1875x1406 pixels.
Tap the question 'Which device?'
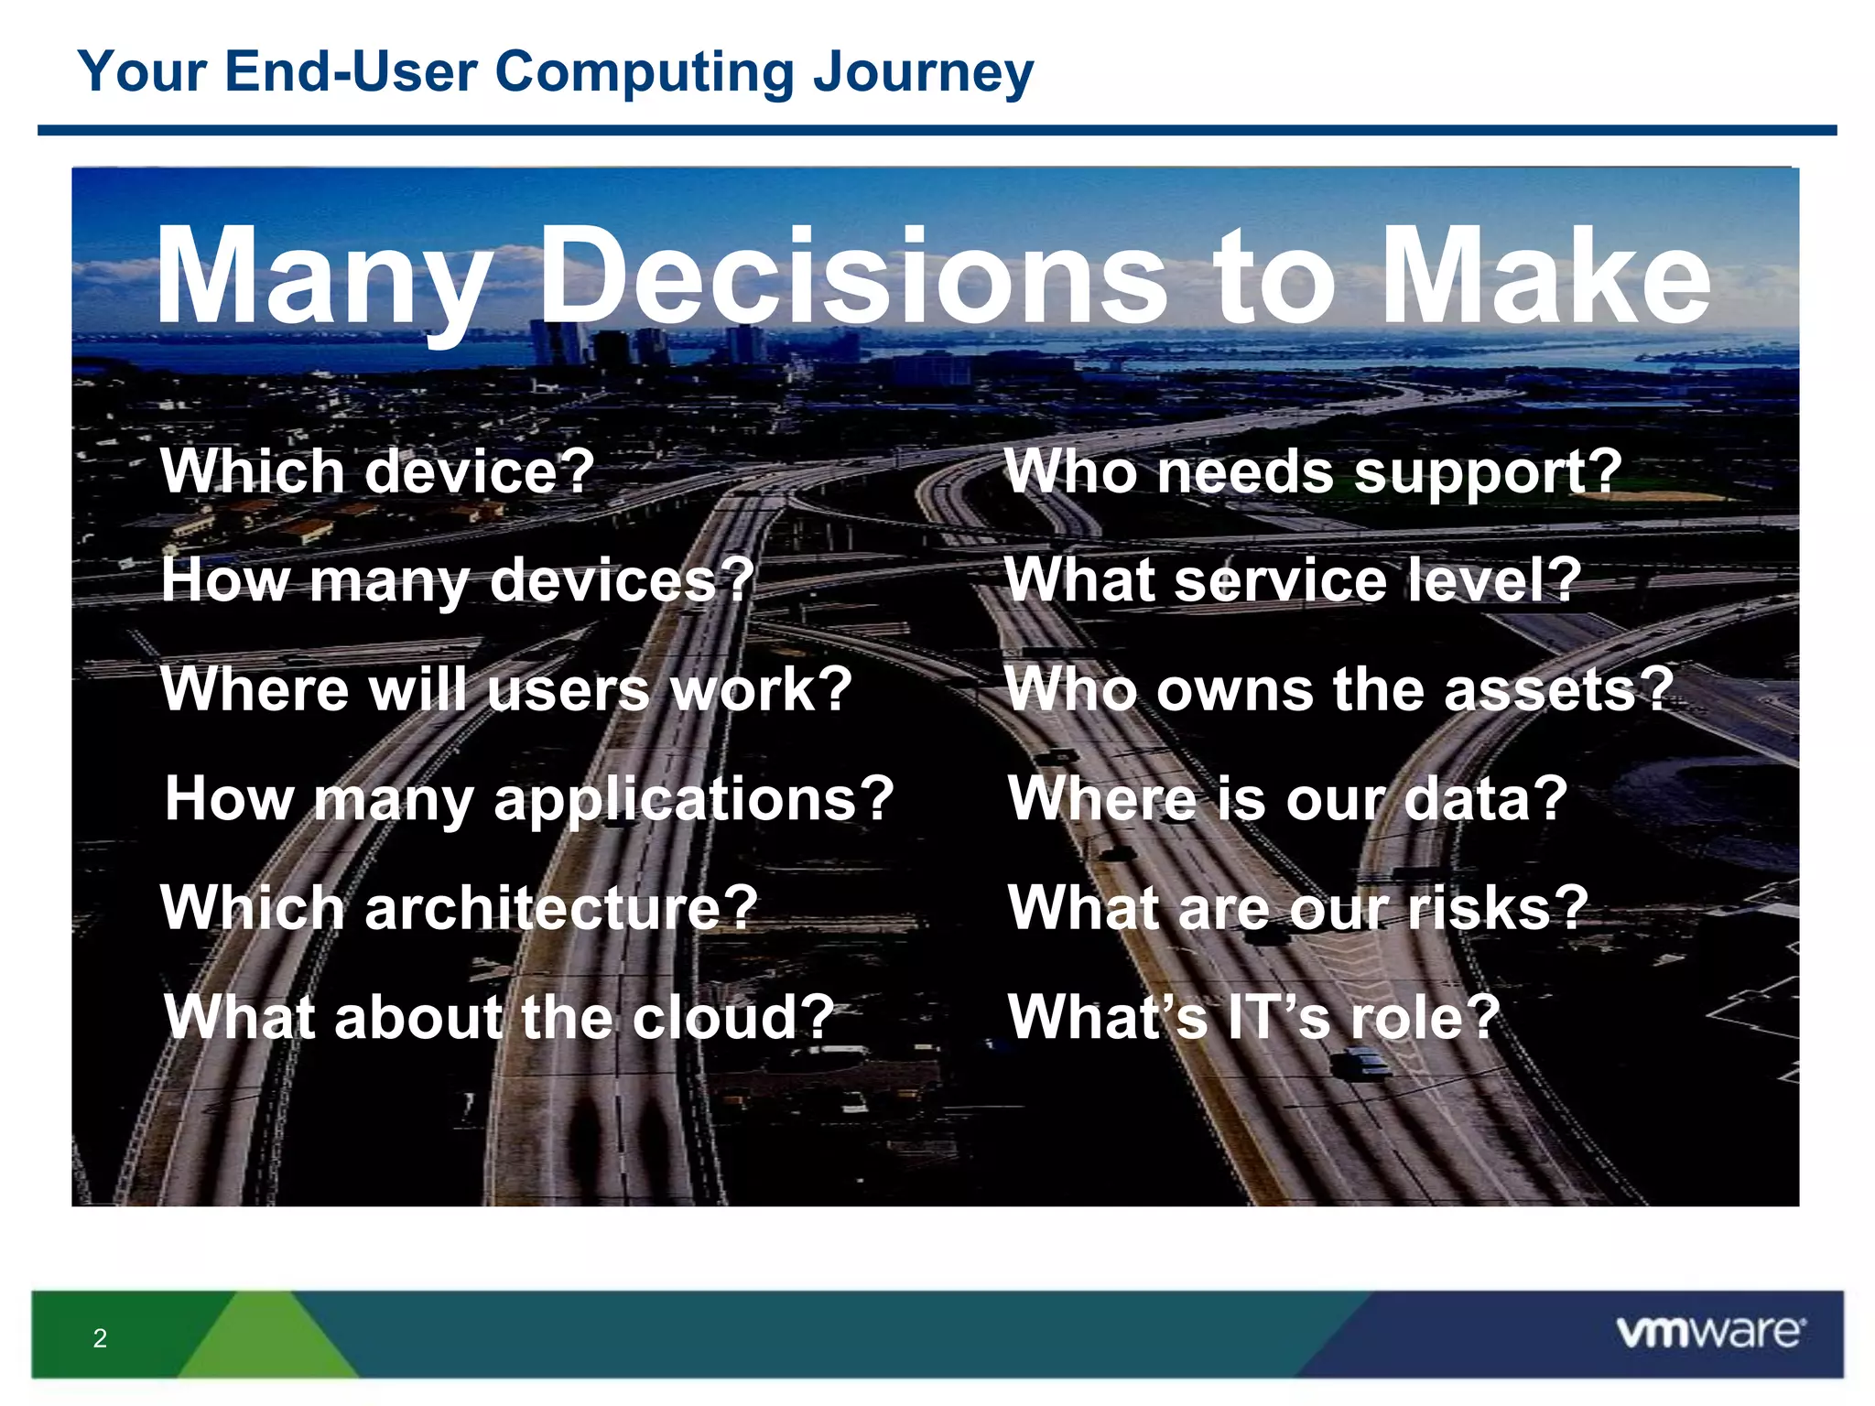377,471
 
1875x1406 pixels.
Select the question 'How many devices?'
458,580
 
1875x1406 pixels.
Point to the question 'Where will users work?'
506,689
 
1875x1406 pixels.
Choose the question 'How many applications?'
529,799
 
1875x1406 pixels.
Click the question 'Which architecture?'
459,908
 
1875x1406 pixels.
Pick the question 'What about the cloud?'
499,1017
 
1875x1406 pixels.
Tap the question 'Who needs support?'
1313,472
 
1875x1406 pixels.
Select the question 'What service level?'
1293,580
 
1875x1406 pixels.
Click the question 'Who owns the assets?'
1339,689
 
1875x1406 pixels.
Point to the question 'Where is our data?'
1287,799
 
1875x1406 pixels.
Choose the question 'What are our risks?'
1298,908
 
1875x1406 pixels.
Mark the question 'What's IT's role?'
1253,1017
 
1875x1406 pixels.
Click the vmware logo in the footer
1710,1332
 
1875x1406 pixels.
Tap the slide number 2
100,1338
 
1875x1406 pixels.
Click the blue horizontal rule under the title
937,131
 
